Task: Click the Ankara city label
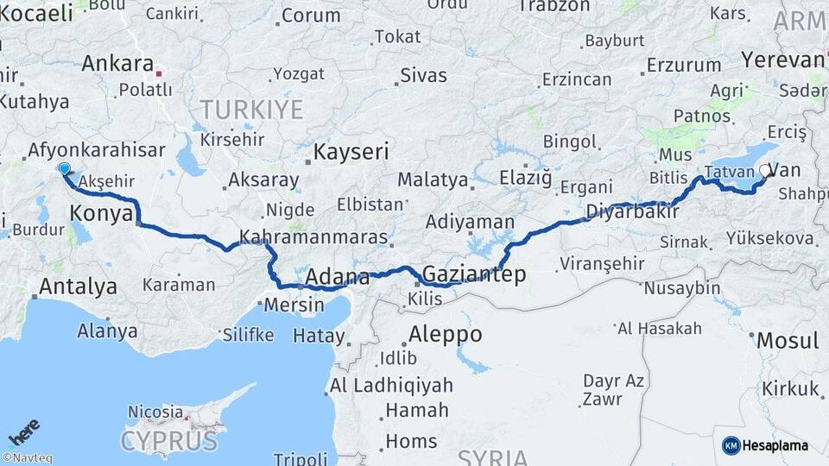(x=117, y=64)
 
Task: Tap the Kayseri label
(x=351, y=153)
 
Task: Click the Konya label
(x=101, y=213)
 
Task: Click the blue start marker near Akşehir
(x=64, y=168)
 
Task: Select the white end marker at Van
(x=764, y=171)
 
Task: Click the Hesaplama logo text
(x=775, y=445)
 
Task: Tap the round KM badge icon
(x=731, y=445)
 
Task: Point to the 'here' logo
(x=23, y=432)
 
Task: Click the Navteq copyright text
(x=27, y=458)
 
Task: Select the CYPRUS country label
(x=169, y=441)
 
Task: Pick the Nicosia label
(x=155, y=412)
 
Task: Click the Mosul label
(x=787, y=340)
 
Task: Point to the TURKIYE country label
(x=251, y=110)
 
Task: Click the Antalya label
(x=78, y=286)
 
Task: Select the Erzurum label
(x=683, y=65)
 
